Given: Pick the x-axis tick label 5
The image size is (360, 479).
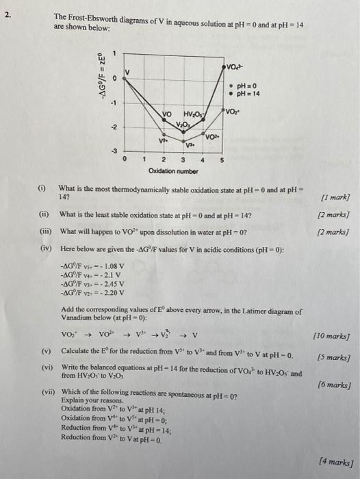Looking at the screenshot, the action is tap(220, 159).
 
